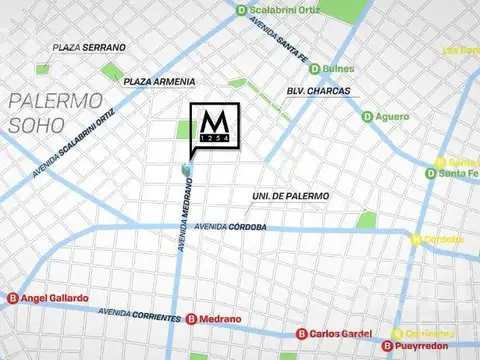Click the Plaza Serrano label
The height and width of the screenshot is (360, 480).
pyautogui.click(x=90, y=47)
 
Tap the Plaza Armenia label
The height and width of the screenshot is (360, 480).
pyautogui.click(x=159, y=81)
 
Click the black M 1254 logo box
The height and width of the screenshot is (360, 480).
pyautogui.click(x=214, y=127)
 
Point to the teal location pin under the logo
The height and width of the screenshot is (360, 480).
pyautogui.click(x=186, y=169)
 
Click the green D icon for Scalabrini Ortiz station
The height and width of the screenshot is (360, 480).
pyautogui.click(x=240, y=11)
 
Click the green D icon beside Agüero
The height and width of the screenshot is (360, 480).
pyautogui.click(x=367, y=117)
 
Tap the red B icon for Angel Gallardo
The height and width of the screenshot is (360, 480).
pyautogui.click(x=12, y=298)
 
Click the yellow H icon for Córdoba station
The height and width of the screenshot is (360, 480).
pyautogui.click(x=417, y=239)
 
